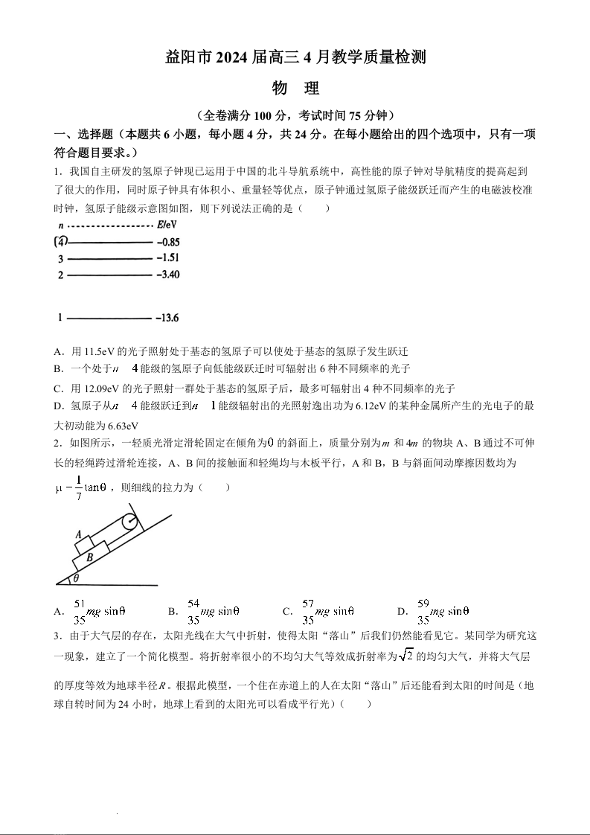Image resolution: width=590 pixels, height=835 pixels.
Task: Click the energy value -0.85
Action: [x=168, y=242]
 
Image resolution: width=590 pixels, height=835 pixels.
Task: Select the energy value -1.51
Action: [x=168, y=258]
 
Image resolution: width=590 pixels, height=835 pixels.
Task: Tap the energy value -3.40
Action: [x=168, y=275]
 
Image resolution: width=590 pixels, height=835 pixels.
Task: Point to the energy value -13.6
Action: [x=167, y=319]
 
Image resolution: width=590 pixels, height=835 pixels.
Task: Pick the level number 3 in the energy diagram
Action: [x=61, y=259]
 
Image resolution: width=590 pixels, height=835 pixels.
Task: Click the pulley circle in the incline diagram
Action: [x=131, y=522]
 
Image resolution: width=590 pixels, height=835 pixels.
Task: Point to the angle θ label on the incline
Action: [x=75, y=578]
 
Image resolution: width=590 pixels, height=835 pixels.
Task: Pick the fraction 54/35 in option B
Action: [x=193, y=611]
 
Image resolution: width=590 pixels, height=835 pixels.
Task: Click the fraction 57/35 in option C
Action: [x=308, y=611]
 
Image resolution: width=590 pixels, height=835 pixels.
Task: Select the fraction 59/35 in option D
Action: [x=423, y=611]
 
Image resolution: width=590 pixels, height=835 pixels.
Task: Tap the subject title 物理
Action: [x=295, y=89]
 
